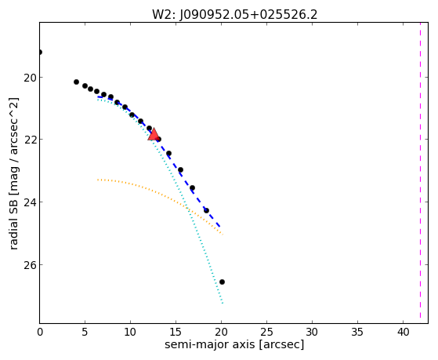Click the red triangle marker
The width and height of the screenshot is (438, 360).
(154, 134)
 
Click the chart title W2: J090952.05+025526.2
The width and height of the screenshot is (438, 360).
(234, 14)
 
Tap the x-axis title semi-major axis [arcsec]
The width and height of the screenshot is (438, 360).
(234, 344)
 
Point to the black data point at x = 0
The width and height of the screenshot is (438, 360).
(40, 52)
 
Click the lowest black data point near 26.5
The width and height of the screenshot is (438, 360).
(222, 282)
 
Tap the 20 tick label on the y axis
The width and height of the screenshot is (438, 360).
(30, 78)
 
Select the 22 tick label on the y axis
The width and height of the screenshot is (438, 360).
(30, 140)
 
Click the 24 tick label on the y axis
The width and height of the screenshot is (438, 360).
(30, 202)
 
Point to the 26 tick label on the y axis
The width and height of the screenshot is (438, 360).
(30, 265)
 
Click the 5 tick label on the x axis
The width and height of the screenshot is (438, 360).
(85, 332)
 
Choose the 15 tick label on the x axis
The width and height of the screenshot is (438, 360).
(176, 332)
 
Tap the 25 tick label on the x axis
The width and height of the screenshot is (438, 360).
(266, 332)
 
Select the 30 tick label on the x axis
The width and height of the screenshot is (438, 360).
(312, 332)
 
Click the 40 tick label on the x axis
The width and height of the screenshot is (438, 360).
(403, 332)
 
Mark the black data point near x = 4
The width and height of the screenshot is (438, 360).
(76, 82)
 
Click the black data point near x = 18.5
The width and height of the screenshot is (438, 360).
(206, 210)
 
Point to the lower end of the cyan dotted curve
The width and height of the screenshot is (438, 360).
(223, 303)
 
